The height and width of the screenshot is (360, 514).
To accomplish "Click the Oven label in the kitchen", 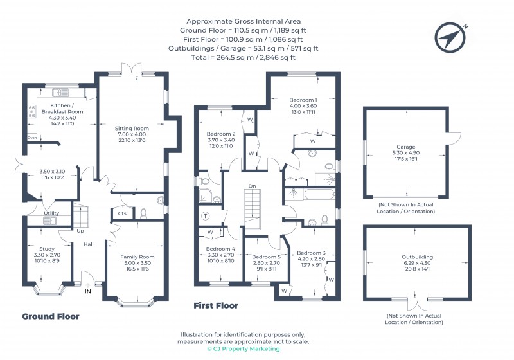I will [x=32, y=138].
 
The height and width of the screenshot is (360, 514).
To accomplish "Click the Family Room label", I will [x=137, y=256].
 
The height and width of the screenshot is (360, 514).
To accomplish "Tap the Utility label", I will [x=52, y=213].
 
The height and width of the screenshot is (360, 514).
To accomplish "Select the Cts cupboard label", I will [x=122, y=213].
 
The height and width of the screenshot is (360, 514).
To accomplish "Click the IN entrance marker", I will [x=87, y=291].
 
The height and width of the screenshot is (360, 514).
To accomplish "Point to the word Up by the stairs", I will [x=80, y=231].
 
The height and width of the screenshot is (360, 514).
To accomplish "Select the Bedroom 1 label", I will [x=303, y=100].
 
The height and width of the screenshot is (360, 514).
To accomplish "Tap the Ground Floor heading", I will [x=51, y=316].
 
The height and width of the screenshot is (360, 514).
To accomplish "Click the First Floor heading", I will [x=216, y=306].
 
